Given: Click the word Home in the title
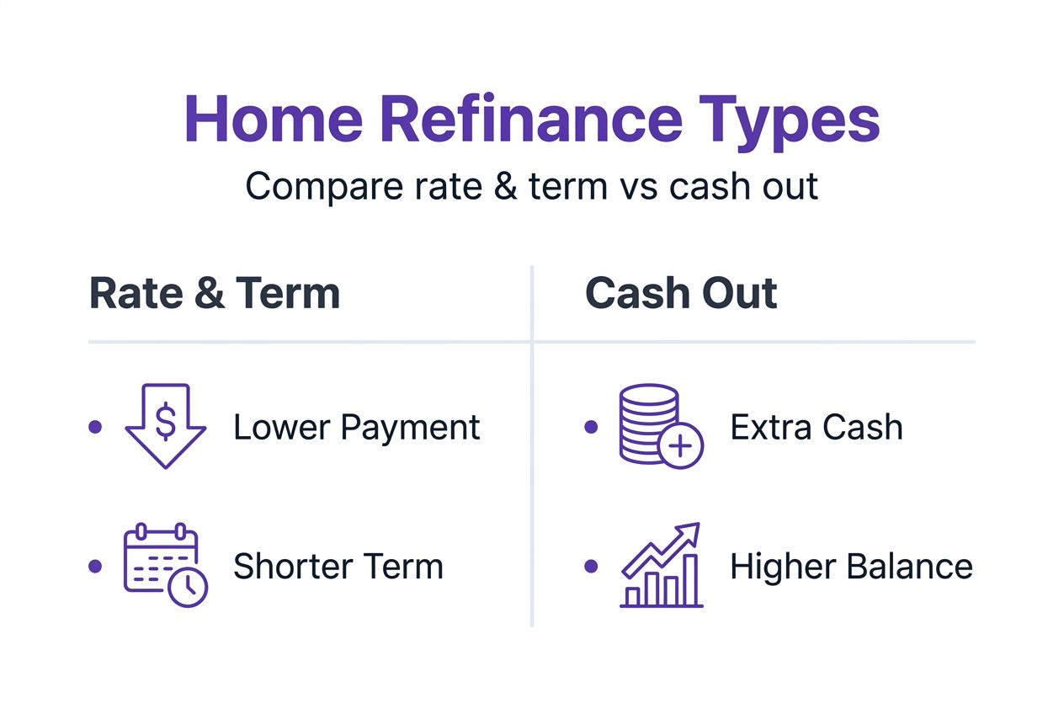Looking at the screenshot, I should pos(273,120).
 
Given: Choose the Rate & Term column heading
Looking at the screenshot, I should pos(215,294).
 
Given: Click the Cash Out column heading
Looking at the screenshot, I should pos(681,294).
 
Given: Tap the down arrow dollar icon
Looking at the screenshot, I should pos(166,425).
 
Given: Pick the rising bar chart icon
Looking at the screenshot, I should pos(661,565).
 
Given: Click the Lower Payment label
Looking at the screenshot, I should pos(356,428).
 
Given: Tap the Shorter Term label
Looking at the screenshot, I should pos(338,566).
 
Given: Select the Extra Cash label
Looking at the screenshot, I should pos(817,428).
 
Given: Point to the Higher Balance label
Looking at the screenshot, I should pos(851,566).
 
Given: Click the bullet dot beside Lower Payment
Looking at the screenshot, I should pos(95,427).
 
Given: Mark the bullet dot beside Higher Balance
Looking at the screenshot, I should pos(591,566).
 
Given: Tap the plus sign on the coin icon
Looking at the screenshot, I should pos(680,445).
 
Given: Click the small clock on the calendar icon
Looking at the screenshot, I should pos(187,586).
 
